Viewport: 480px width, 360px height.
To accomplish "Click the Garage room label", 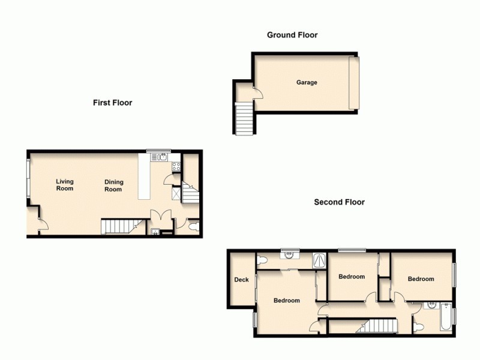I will coord(306,83).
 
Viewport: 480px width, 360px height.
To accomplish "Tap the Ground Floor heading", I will coord(292,35).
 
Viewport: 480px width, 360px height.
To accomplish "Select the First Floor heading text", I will coord(112,103).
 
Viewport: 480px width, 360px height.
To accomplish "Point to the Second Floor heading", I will coord(339,202).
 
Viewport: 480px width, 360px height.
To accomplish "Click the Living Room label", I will coord(65,185).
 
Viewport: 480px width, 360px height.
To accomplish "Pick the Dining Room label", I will coord(113,185).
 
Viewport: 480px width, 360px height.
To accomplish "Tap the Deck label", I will coord(241,280).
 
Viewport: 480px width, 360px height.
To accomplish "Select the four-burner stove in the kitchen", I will coord(176,166).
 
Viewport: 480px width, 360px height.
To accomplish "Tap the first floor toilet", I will coord(193,227).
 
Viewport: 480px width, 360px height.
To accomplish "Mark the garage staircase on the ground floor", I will coord(244,118).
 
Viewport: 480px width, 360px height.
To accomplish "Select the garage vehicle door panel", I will coord(354,83).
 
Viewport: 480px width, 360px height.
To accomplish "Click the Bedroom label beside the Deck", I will coord(286,301).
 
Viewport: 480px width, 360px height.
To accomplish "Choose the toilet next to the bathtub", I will coord(419,327).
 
